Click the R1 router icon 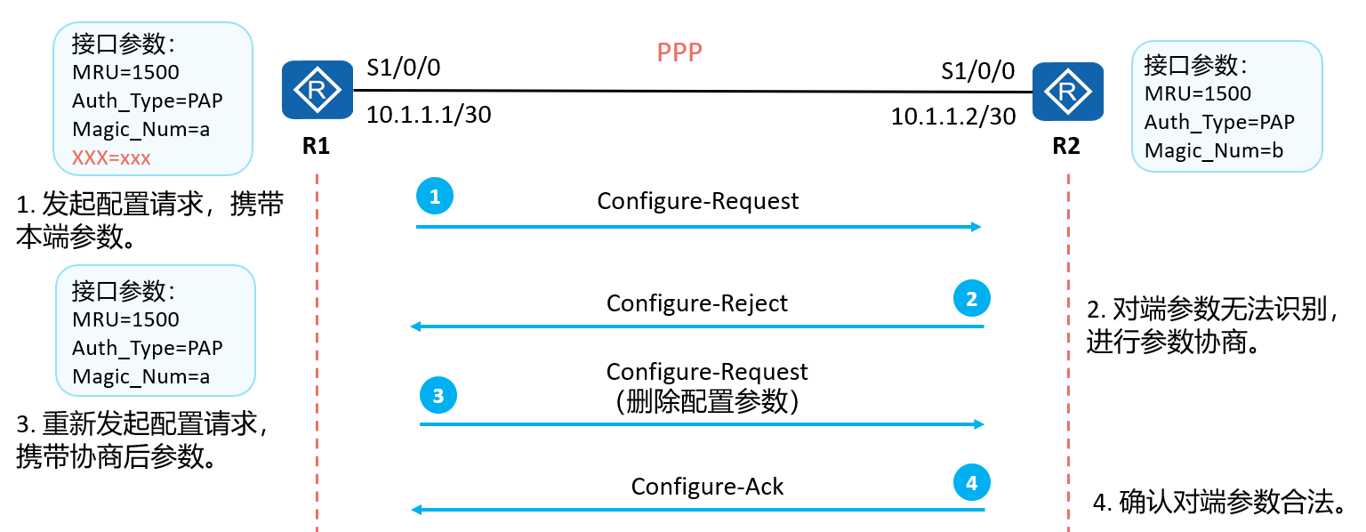point(317,90)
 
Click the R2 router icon point(1068,92)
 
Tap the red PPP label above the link point(679,52)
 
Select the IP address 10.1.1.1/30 point(428,115)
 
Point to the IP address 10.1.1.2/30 point(953,117)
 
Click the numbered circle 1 point(435,196)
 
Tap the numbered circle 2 point(971,298)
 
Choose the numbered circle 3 point(438,395)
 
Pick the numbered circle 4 point(971,482)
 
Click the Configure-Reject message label point(697,303)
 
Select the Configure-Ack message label point(707,487)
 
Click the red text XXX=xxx point(111,158)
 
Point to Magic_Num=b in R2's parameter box point(1214,150)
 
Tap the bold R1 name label point(316,146)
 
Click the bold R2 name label point(1066,146)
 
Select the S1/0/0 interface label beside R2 point(977,71)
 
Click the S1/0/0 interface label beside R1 point(403,68)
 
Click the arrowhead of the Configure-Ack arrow point(416,510)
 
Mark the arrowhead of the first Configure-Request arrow point(976,227)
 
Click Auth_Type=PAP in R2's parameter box point(1219,122)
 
